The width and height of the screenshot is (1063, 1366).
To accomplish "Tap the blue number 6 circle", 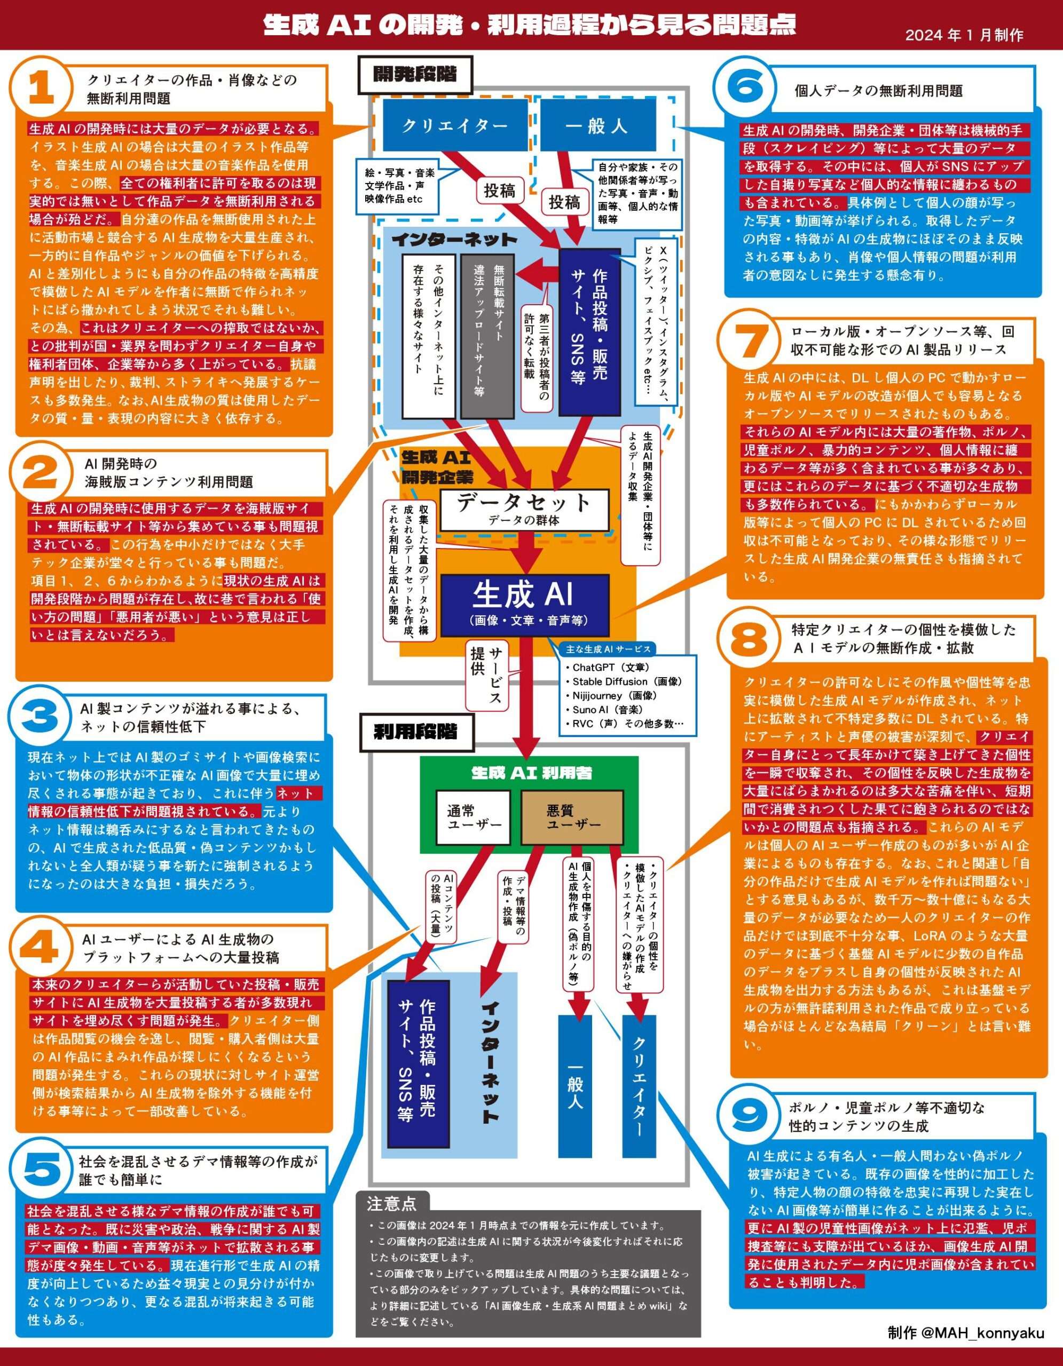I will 746,87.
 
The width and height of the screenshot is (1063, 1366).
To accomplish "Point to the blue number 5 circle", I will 41,1171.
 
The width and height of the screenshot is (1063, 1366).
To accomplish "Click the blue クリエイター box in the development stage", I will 455,126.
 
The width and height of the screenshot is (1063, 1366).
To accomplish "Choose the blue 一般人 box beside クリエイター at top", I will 597,126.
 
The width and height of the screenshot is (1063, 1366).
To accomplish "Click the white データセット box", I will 524,509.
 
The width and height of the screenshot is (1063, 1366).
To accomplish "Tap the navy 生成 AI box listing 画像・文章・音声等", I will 524,604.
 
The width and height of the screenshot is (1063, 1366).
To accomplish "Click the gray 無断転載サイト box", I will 487,335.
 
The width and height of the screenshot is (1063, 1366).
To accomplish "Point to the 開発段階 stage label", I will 415,74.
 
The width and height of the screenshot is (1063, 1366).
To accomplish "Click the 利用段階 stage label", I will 415,732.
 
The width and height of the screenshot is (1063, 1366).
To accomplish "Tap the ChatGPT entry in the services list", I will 607,668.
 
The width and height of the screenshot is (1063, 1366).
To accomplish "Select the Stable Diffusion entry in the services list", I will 623,681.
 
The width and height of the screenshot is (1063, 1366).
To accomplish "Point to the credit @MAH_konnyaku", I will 965,1333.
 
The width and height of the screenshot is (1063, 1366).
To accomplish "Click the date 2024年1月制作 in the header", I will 964,35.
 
